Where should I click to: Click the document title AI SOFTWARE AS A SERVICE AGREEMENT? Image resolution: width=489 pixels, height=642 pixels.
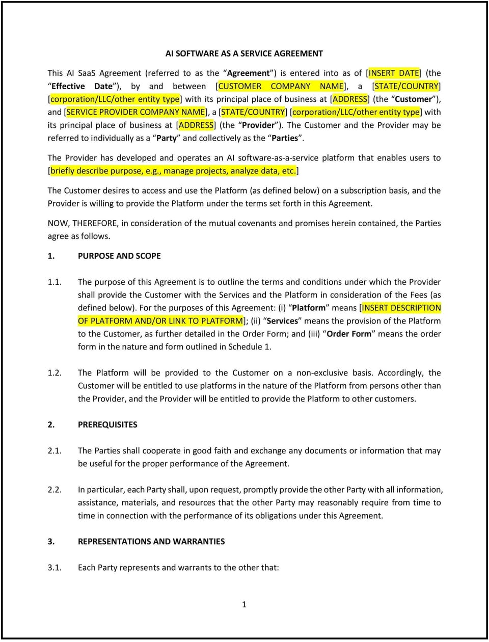pyautogui.click(x=244, y=53)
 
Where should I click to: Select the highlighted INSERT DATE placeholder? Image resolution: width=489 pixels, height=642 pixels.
pyautogui.click(x=394, y=73)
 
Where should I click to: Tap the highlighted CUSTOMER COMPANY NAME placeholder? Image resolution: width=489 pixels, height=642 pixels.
pyautogui.click(x=282, y=87)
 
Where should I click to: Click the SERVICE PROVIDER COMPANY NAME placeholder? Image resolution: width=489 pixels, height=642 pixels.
pyautogui.click(x=136, y=112)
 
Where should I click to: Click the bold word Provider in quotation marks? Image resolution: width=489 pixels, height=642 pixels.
pyautogui.click(x=259, y=125)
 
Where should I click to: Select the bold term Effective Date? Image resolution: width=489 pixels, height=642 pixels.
pyautogui.click(x=81, y=87)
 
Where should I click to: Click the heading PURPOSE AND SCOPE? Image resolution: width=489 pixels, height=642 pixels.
pyautogui.click(x=119, y=256)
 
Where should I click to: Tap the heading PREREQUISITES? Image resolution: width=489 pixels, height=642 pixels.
pyautogui.click(x=107, y=424)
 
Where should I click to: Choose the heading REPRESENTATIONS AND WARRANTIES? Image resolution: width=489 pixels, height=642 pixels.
pyautogui.click(x=151, y=541)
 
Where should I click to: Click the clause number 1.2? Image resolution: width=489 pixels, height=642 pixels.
pyautogui.click(x=55, y=372)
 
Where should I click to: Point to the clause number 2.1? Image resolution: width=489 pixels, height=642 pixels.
pyautogui.click(x=55, y=450)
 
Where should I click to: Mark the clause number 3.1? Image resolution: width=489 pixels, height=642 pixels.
pyautogui.click(x=55, y=567)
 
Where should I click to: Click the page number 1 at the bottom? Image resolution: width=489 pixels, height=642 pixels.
pyautogui.click(x=244, y=604)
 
